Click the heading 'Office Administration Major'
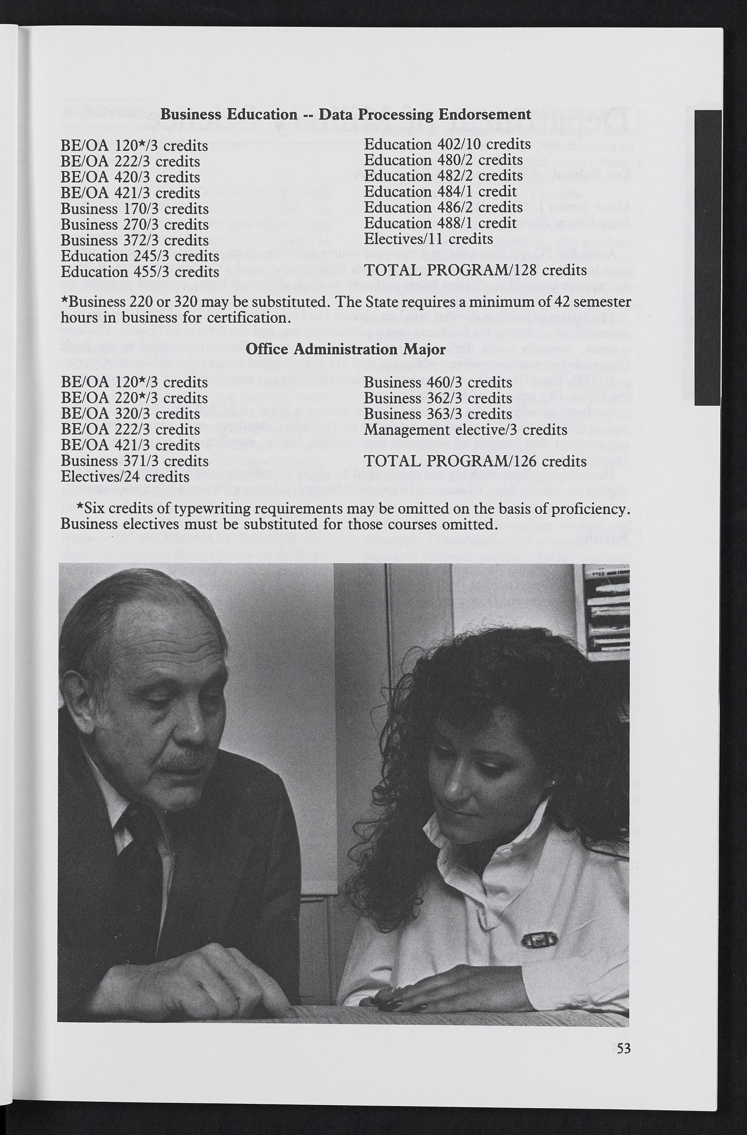345,349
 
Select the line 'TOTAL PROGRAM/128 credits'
475,270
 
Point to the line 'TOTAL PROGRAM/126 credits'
475,461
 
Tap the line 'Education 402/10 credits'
447,144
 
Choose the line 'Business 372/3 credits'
134,240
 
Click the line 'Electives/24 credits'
125,477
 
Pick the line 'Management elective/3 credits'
465,430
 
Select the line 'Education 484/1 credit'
440,192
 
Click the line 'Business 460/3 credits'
438,382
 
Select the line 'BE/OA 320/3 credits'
130,414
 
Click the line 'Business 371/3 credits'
134,461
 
